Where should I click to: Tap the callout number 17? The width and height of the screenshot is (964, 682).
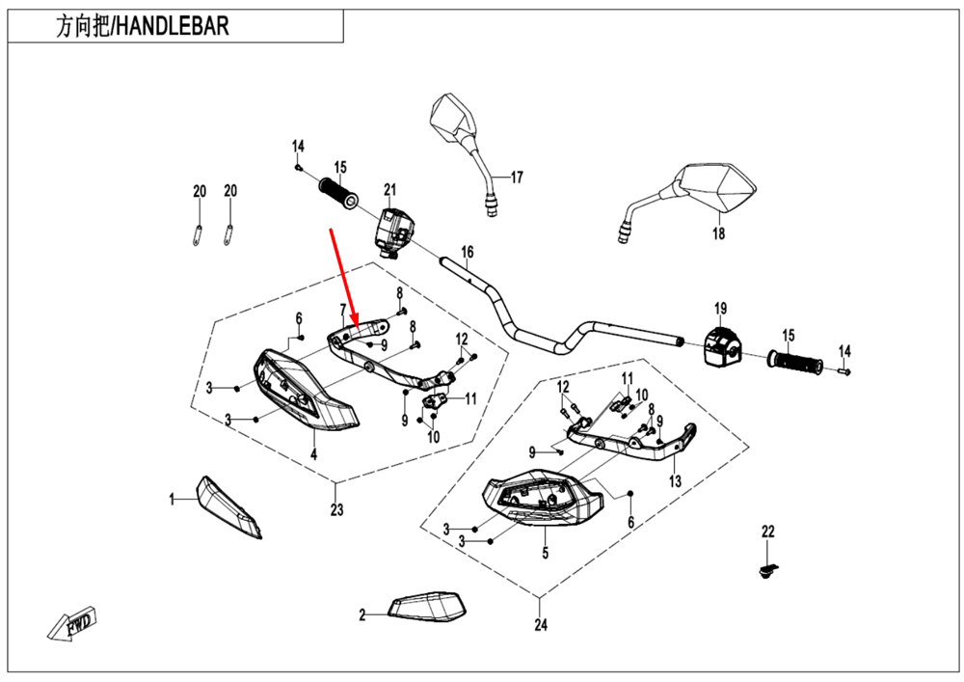pos(517,177)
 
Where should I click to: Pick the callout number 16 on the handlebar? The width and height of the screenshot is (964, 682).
pos(467,254)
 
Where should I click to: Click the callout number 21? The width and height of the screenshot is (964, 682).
pos(390,189)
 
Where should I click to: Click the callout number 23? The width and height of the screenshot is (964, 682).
pos(335,511)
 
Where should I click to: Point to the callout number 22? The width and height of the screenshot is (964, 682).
pos(768,532)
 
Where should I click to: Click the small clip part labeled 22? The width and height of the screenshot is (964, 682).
pos(768,573)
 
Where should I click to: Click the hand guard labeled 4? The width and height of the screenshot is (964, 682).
pos(307,396)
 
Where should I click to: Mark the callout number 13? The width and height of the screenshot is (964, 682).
pos(675,480)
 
